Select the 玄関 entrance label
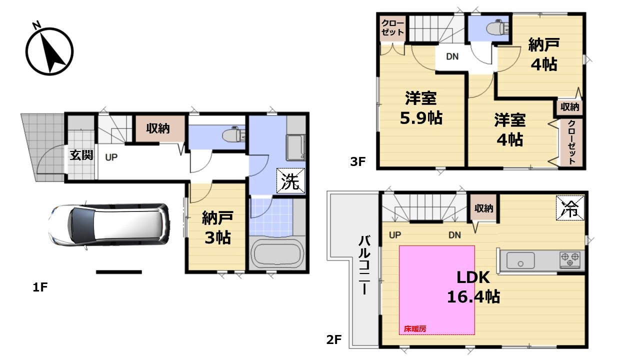coord(81,155)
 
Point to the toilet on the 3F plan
coord(497,27)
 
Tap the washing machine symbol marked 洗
coord(290,181)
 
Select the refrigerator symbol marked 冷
coord(570,208)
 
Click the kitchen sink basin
coord(520,260)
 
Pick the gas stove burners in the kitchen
coord(570,259)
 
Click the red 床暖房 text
coord(415,329)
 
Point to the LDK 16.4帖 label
coord(473,287)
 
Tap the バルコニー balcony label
coord(364,265)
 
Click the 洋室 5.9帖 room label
coord(421,108)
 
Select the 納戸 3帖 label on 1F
coord(217,227)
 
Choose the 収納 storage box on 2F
coord(484,208)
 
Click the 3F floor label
coord(357,161)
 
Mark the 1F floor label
coord(40,287)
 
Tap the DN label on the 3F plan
coord(452,56)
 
